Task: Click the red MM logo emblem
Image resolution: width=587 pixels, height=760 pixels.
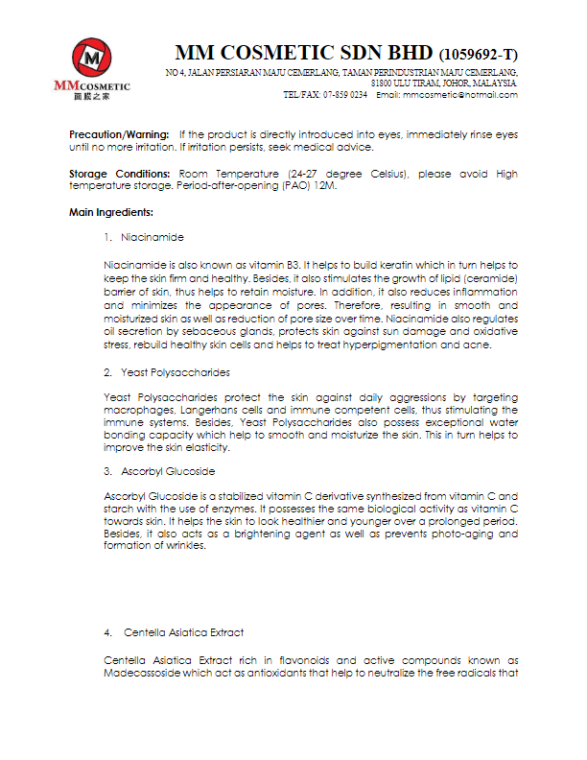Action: tap(91, 60)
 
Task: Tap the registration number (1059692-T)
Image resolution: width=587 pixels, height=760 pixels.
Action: tap(478, 54)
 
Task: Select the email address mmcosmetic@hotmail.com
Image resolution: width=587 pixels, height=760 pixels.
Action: tap(460, 95)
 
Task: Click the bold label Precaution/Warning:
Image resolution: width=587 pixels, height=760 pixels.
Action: tap(120, 135)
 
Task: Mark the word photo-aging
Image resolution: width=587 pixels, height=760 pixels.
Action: tap(436, 534)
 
